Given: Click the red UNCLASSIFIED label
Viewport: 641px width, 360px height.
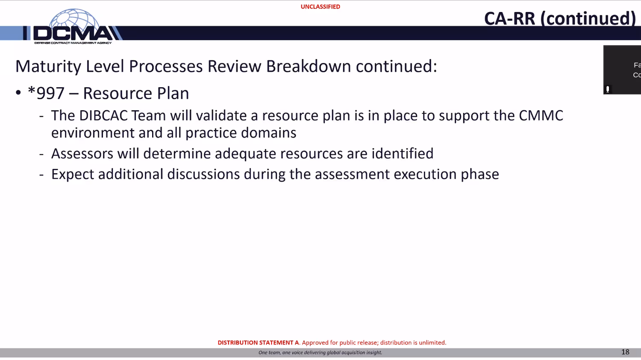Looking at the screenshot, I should tap(320, 7).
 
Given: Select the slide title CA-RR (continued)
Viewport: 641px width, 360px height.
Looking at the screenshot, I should tap(560, 18).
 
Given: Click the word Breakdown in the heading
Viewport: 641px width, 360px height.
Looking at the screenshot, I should tap(309, 66).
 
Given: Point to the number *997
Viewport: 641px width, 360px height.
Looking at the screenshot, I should tap(46, 93).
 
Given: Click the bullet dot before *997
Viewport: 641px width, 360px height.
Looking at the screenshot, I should tap(18, 92).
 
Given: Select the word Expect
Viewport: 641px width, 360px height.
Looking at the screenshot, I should tap(72, 174).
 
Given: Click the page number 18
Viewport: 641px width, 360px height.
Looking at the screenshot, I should tap(625, 352).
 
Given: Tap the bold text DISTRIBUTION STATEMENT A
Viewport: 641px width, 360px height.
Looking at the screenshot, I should tap(258, 342).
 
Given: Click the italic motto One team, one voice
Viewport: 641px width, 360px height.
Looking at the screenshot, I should tap(320, 352).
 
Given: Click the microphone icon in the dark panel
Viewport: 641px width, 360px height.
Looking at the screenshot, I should tap(608, 89).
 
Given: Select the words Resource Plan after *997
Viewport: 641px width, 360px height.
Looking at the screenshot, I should tap(136, 93).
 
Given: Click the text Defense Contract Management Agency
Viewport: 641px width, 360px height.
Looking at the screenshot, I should tap(73, 43).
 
